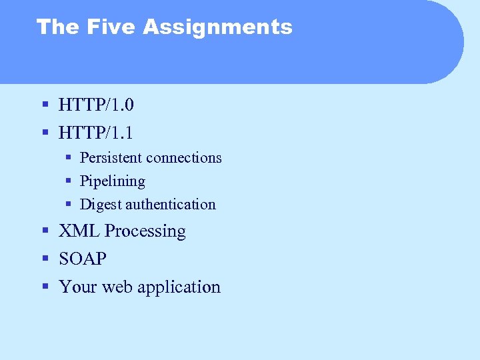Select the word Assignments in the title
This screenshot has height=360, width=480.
point(217,27)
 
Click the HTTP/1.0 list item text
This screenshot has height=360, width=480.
point(96,105)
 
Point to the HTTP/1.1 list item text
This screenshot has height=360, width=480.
point(96,133)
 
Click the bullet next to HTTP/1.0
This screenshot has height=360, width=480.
point(45,105)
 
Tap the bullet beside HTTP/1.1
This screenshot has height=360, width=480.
point(45,133)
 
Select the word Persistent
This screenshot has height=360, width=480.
point(111,158)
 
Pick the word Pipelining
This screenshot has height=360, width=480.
point(112,181)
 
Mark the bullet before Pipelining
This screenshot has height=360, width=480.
point(69,181)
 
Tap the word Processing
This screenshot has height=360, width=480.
point(145,232)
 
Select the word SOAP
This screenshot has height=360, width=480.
point(83,259)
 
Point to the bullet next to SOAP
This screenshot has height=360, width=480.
point(45,259)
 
